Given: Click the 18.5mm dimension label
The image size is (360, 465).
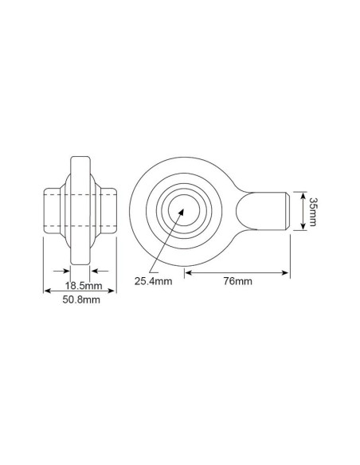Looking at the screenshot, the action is point(84,286).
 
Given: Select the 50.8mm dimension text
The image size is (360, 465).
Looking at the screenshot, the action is point(81,299).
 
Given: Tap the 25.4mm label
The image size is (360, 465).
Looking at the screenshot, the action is point(153,281).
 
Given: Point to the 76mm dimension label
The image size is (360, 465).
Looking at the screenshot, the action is point(238,281).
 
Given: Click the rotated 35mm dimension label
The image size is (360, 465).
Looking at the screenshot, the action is point(312,212).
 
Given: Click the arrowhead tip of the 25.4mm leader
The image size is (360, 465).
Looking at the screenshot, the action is point(183,209).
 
